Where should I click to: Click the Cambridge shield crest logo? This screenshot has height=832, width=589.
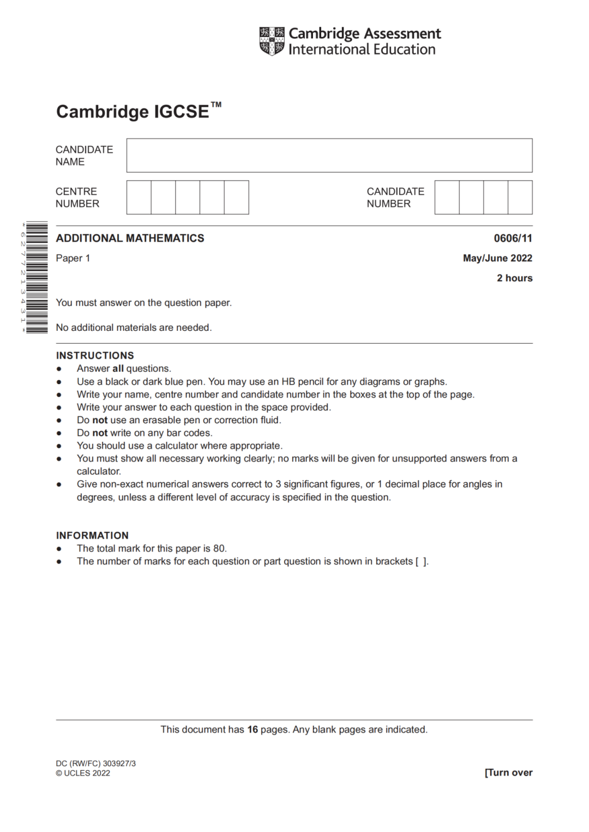pos(272,41)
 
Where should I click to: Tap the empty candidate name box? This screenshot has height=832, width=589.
pos(329,155)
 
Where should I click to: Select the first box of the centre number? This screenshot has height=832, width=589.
pos(139,197)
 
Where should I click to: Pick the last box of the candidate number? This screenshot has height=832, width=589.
pos(520,197)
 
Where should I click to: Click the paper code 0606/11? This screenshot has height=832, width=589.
pos(513,238)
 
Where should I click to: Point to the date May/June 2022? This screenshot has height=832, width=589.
pos(497,258)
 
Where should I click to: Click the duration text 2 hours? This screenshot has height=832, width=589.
pos(514,278)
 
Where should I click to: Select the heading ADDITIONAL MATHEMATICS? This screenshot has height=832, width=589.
pos(130,238)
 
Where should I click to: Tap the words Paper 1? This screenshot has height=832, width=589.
pos(73,258)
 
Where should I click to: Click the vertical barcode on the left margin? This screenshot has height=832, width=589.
pos(37,277)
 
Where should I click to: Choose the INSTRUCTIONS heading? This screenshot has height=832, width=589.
pos(95,355)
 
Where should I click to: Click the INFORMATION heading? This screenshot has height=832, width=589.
pos(92,536)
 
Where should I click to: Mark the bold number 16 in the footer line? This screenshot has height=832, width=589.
pos(253,730)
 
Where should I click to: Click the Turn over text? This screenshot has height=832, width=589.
pos(509,773)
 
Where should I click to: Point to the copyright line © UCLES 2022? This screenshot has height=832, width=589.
pos(83,773)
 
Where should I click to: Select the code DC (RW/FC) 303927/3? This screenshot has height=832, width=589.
pos(95,763)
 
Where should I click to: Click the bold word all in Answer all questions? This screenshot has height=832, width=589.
pos(118,369)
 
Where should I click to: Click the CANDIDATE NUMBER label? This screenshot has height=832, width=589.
pos(395,197)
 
